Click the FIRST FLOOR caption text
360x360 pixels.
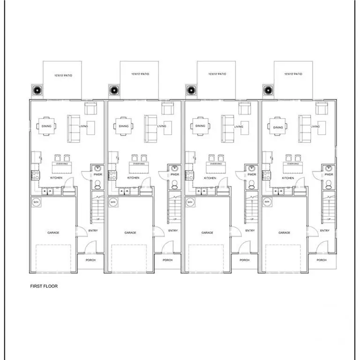[x=44, y=286]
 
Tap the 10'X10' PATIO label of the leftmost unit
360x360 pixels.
[x=63, y=75]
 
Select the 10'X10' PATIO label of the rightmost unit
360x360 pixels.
[x=293, y=74]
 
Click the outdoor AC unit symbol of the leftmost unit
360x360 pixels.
[x=36, y=90]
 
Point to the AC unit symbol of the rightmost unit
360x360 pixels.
[x=267, y=90]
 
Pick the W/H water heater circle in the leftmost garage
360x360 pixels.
[x=36, y=202]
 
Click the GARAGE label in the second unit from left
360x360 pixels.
[x=130, y=232]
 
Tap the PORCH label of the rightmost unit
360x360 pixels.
[x=321, y=260]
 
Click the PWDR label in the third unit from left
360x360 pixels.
[x=252, y=174]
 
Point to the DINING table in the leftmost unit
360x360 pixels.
[x=47, y=126]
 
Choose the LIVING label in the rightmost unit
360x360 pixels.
[x=315, y=126]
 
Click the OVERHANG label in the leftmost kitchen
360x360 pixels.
[x=61, y=164]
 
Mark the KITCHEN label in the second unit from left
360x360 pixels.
[x=133, y=178]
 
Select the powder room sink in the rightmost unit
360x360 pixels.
[x=329, y=168]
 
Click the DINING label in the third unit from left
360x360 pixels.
[x=200, y=126]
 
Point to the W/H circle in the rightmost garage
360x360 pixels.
[x=267, y=202]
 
